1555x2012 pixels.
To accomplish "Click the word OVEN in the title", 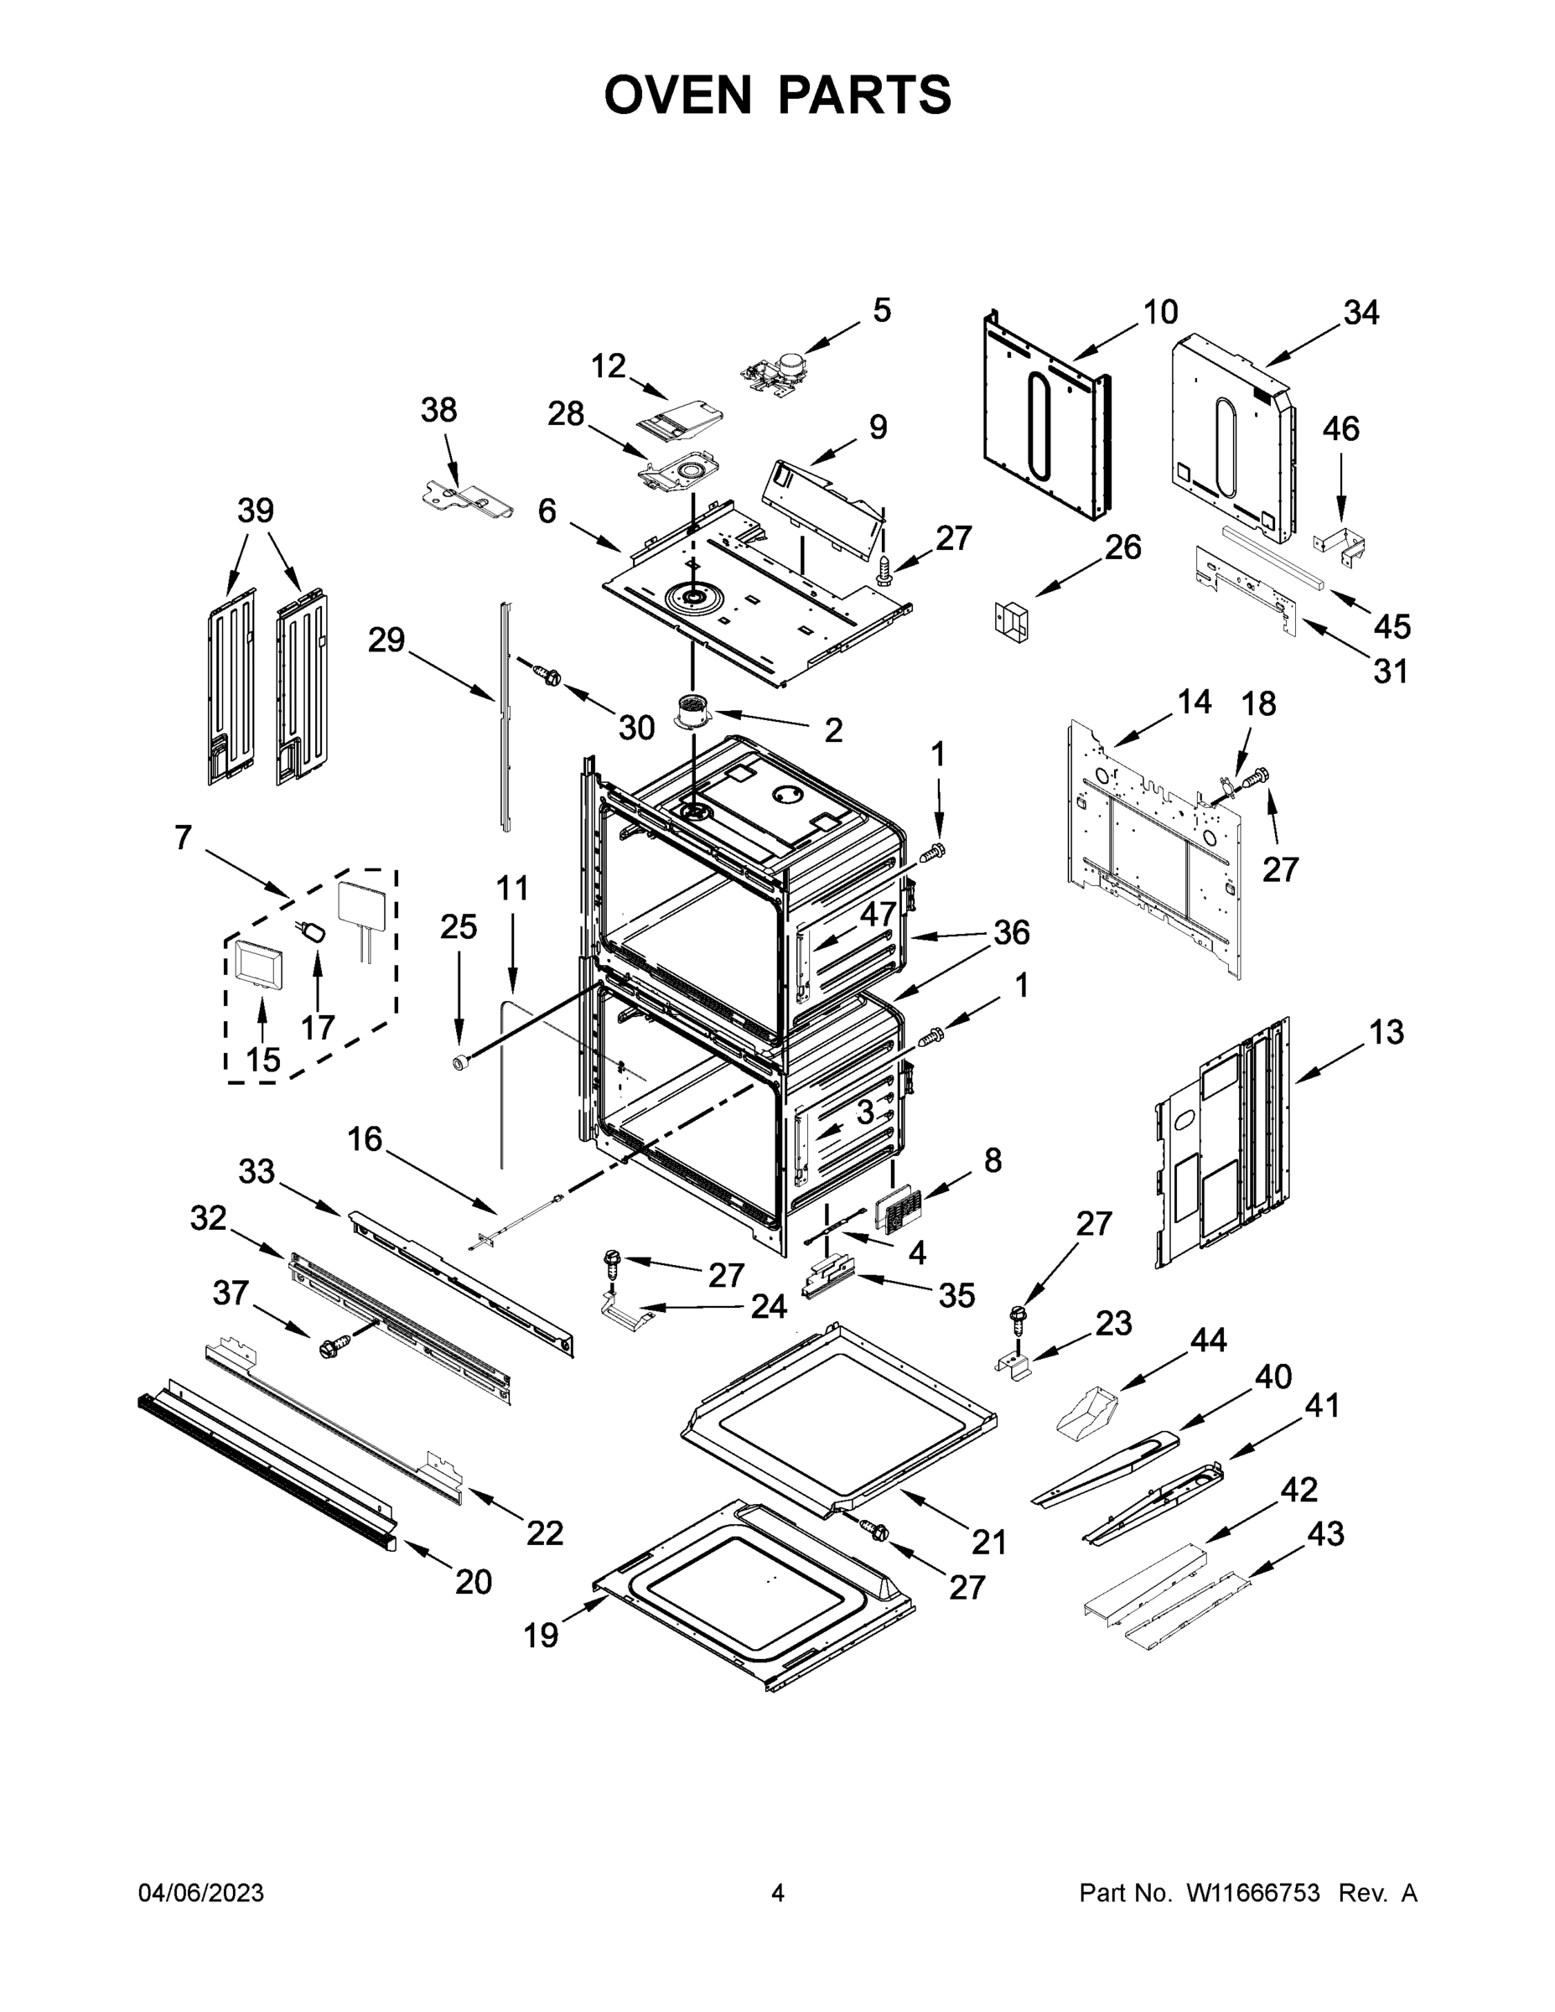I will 678,95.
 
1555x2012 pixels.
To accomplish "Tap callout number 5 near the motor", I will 882,310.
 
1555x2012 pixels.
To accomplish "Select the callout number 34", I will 1361,314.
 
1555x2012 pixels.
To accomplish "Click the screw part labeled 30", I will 548,674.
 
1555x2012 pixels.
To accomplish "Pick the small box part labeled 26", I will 1012,621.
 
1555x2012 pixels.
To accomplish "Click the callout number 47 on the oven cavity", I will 877,914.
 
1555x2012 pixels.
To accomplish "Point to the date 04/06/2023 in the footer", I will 201,1893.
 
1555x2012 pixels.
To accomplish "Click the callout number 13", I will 1387,1032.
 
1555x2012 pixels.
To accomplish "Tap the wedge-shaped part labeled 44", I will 1086,1417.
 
